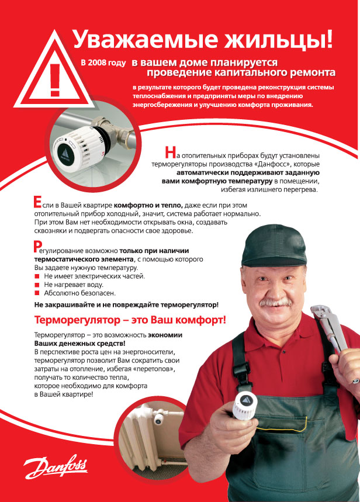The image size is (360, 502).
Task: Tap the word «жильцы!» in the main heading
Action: (x=280, y=40)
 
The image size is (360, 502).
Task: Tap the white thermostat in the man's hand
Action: (x=246, y=403)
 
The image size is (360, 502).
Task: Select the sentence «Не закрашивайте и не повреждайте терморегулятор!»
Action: (x=126, y=305)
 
